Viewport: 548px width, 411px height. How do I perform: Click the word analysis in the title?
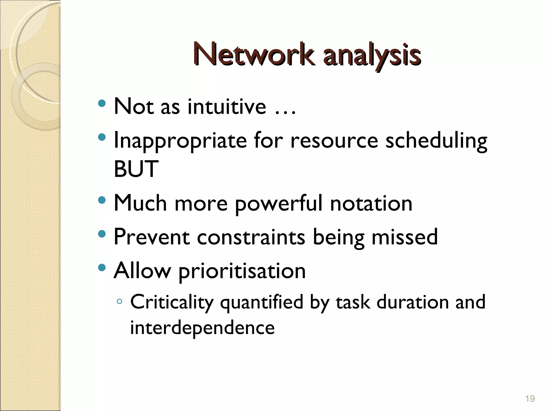[372, 56]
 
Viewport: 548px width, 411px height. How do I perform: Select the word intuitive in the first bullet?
[227, 106]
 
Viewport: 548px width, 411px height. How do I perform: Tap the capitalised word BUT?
[136, 169]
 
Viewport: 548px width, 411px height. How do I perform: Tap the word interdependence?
[202, 328]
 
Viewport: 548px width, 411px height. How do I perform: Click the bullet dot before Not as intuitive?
[102, 103]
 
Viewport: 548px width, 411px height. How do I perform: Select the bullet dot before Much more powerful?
[102, 200]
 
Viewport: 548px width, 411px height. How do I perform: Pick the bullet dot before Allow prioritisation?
[102, 268]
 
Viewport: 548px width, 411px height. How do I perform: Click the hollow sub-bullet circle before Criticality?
[119, 302]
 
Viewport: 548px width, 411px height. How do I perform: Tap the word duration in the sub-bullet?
[412, 302]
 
